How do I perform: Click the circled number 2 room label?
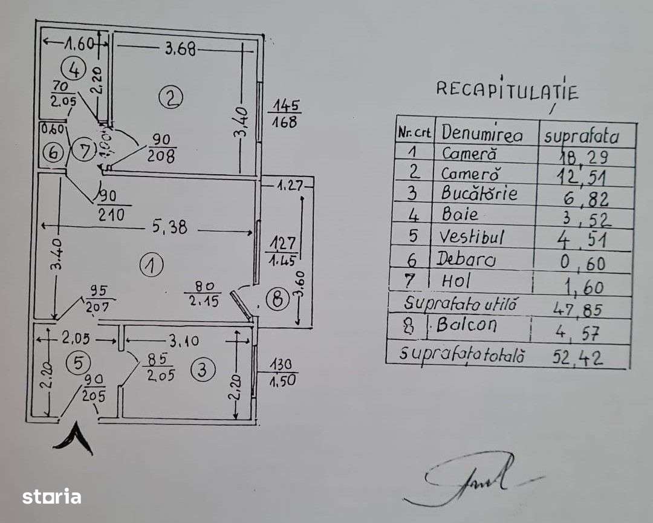pos(171,96)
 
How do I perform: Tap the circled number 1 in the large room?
pos(151,265)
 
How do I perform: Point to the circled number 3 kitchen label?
pos(203,369)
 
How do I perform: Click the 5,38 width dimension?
pos(170,227)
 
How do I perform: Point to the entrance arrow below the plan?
pos(74,439)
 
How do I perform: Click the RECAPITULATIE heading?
pos(507,91)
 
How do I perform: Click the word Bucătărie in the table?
pos(479,193)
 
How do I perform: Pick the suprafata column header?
pos(581,135)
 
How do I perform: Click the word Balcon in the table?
pos(466,325)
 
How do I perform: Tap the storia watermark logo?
pos(51,496)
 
